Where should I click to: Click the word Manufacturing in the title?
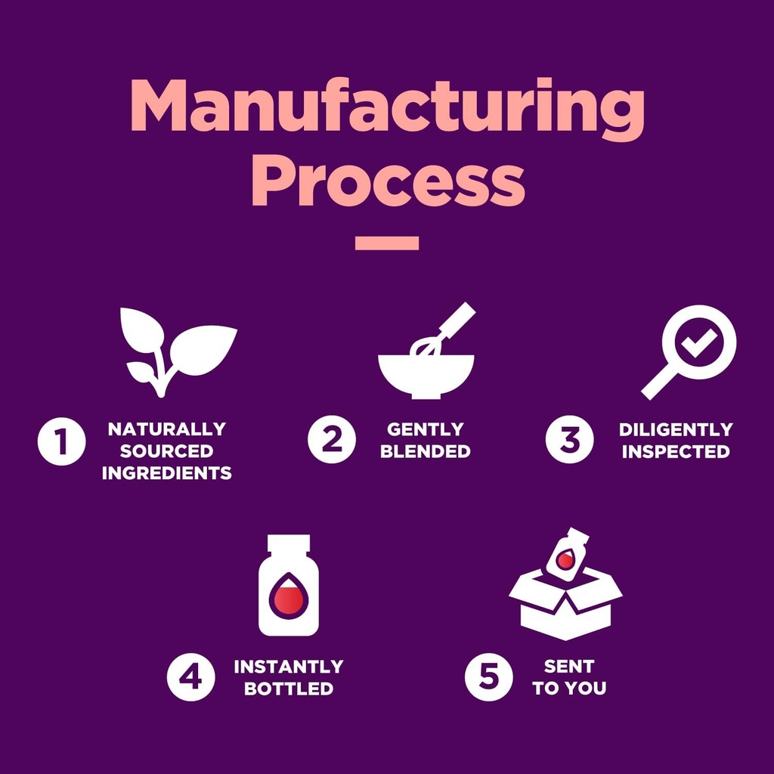(387, 107)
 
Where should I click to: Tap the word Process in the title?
(387, 183)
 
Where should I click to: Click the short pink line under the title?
(387, 243)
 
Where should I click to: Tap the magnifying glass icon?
(689, 349)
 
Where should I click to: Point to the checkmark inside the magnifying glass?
(699, 342)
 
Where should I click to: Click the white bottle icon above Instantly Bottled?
(289, 586)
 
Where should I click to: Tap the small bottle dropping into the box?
(567, 555)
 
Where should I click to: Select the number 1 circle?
(61, 441)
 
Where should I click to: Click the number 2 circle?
(331, 441)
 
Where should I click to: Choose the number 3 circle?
(569, 441)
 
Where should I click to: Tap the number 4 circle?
(190, 677)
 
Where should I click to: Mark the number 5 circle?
(488, 677)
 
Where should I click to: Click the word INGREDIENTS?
(166, 474)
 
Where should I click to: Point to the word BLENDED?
(425, 452)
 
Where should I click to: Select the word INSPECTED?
(676, 452)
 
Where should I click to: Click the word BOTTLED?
(288, 689)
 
